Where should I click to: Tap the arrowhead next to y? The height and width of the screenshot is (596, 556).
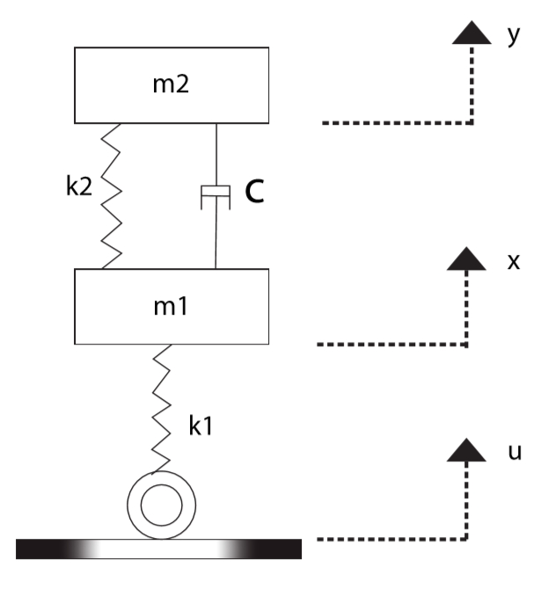473,33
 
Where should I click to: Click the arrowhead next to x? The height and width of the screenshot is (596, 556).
467,259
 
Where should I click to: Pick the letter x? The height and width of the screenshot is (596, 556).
514,263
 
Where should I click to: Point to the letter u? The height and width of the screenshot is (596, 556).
516,453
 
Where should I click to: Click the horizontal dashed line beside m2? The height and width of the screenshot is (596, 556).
396,123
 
